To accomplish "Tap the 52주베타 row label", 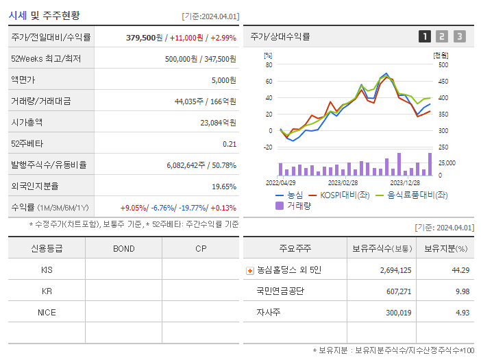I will click(25, 143).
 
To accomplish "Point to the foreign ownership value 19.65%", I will click(223, 186).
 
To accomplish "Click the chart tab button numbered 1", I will click(425, 36).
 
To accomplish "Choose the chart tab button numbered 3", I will click(459, 36).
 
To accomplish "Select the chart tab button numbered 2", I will click(442, 36).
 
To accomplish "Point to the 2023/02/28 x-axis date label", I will click(343, 183).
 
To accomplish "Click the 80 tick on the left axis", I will click(269, 65).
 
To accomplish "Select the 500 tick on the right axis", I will click(443, 65).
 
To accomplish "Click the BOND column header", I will click(123, 248).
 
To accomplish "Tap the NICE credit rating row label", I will click(47, 312).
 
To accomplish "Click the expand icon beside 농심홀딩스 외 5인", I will click(249, 271).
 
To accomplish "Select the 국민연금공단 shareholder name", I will click(280, 291).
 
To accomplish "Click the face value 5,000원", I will click(223, 80).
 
